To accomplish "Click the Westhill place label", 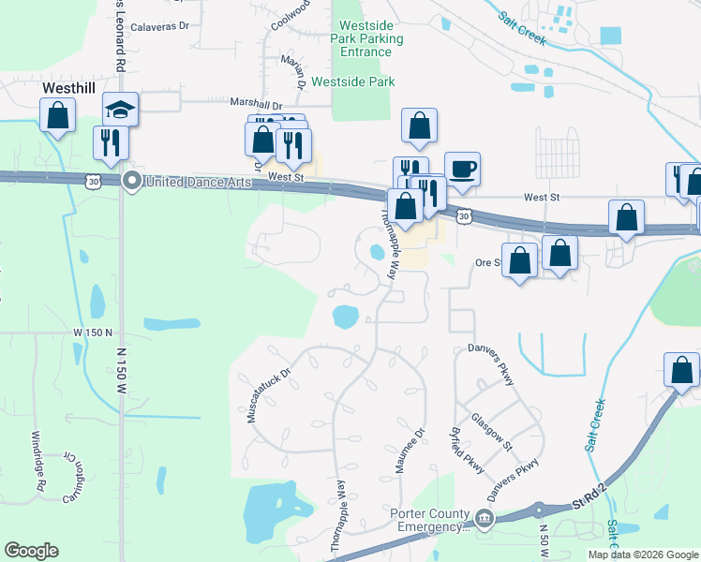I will [x=71, y=88].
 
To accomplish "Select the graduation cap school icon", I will [x=121, y=109].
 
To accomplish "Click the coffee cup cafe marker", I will [x=462, y=170].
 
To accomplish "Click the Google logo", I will [x=31, y=551].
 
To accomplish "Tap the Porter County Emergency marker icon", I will [x=484, y=518].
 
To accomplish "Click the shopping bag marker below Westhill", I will [x=58, y=116].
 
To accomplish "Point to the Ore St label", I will [x=490, y=262].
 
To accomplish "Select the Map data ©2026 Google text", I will [x=644, y=555].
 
